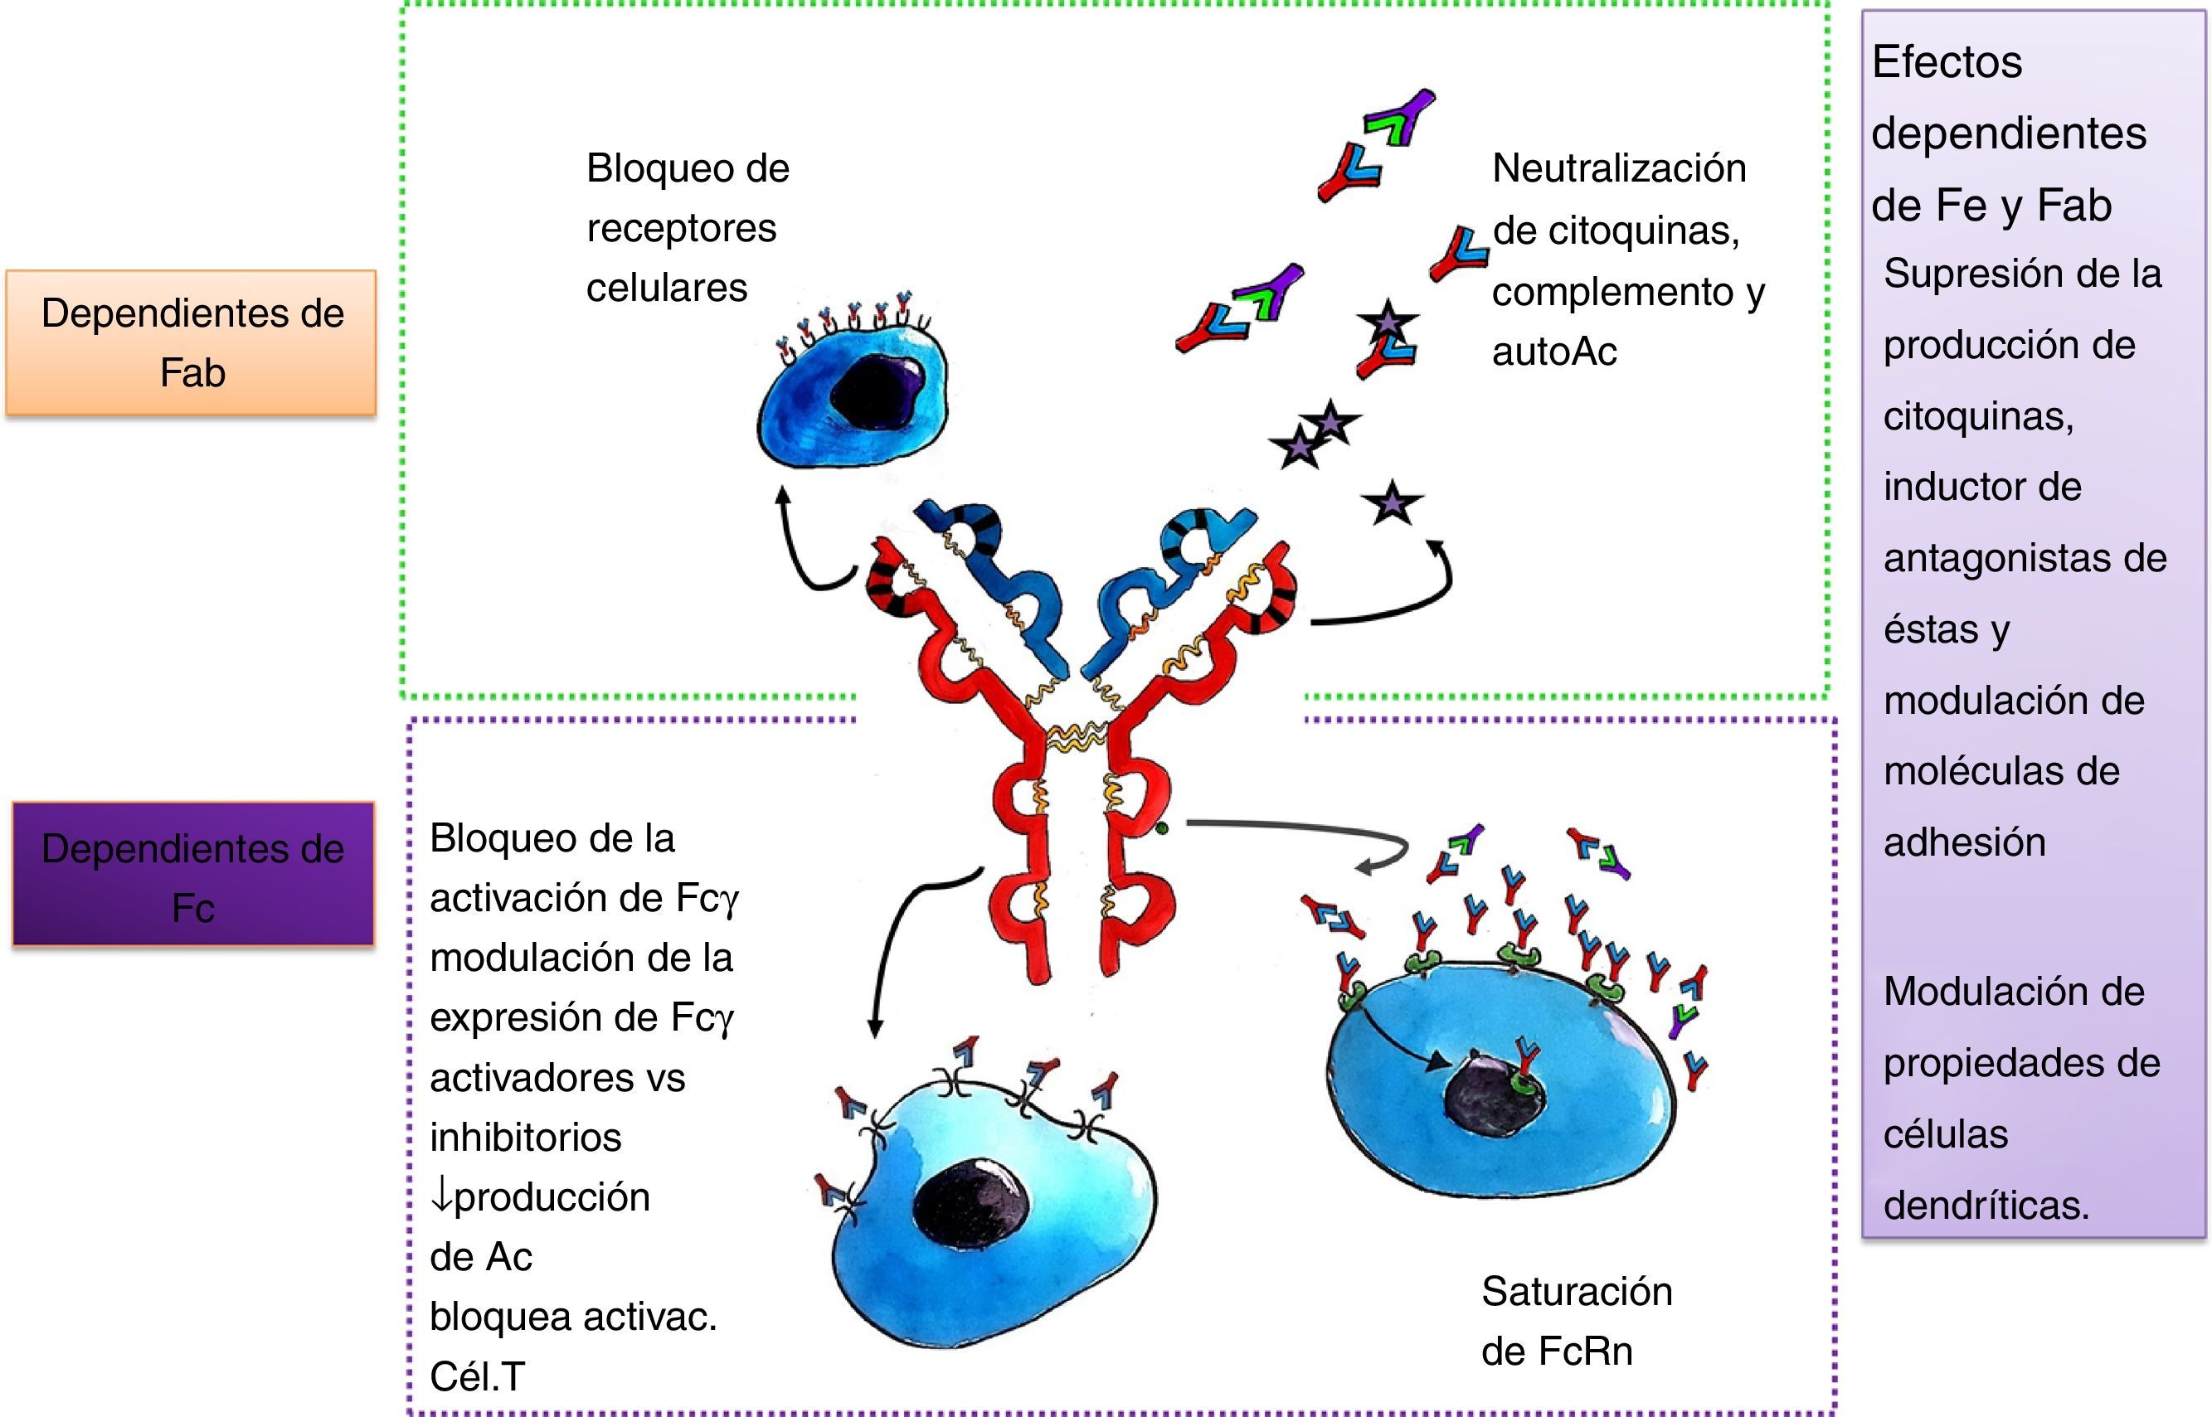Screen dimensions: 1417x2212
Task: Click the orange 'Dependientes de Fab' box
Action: click(192, 342)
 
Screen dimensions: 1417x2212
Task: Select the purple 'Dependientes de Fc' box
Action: click(193, 875)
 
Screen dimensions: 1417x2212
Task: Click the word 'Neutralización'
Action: click(1618, 168)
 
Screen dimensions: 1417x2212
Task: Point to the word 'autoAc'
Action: click(1554, 352)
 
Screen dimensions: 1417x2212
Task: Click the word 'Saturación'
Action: click(1576, 1292)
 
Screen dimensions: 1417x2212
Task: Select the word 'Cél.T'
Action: click(477, 1376)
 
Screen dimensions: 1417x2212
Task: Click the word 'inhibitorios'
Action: click(525, 1138)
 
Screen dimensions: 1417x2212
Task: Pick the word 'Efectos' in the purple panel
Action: click(1947, 62)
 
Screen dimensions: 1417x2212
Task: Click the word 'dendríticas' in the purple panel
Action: click(1986, 1205)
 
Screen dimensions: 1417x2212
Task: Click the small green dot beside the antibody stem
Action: click(1162, 828)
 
